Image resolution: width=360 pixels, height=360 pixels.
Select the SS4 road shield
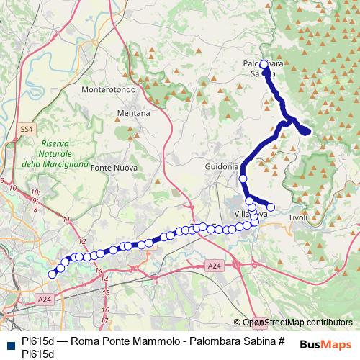click(x=27, y=129)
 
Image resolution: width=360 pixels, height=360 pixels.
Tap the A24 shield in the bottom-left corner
click(x=45, y=299)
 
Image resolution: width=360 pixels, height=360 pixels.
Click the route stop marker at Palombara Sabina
click(x=264, y=64)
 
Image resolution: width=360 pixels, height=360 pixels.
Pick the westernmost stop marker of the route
click(x=52, y=274)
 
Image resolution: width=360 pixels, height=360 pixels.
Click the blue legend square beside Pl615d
click(x=9, y=341)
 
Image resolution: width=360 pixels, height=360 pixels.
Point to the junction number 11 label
click(x=67, y=219)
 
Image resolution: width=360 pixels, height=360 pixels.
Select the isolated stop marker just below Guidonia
click(x=243, y=178)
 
